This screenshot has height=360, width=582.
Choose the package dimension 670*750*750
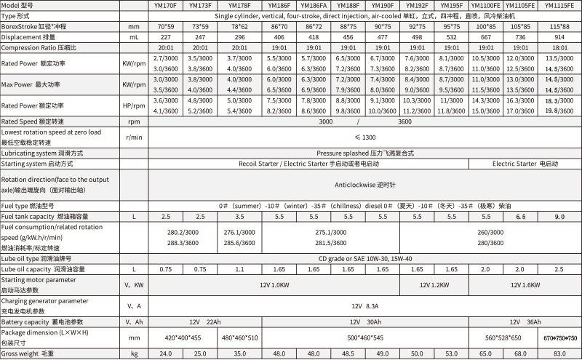(560, 337)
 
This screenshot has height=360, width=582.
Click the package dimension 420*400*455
(183, 337)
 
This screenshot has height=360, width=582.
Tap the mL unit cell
(134, 35)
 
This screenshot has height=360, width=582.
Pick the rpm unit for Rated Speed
(134, 121)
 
